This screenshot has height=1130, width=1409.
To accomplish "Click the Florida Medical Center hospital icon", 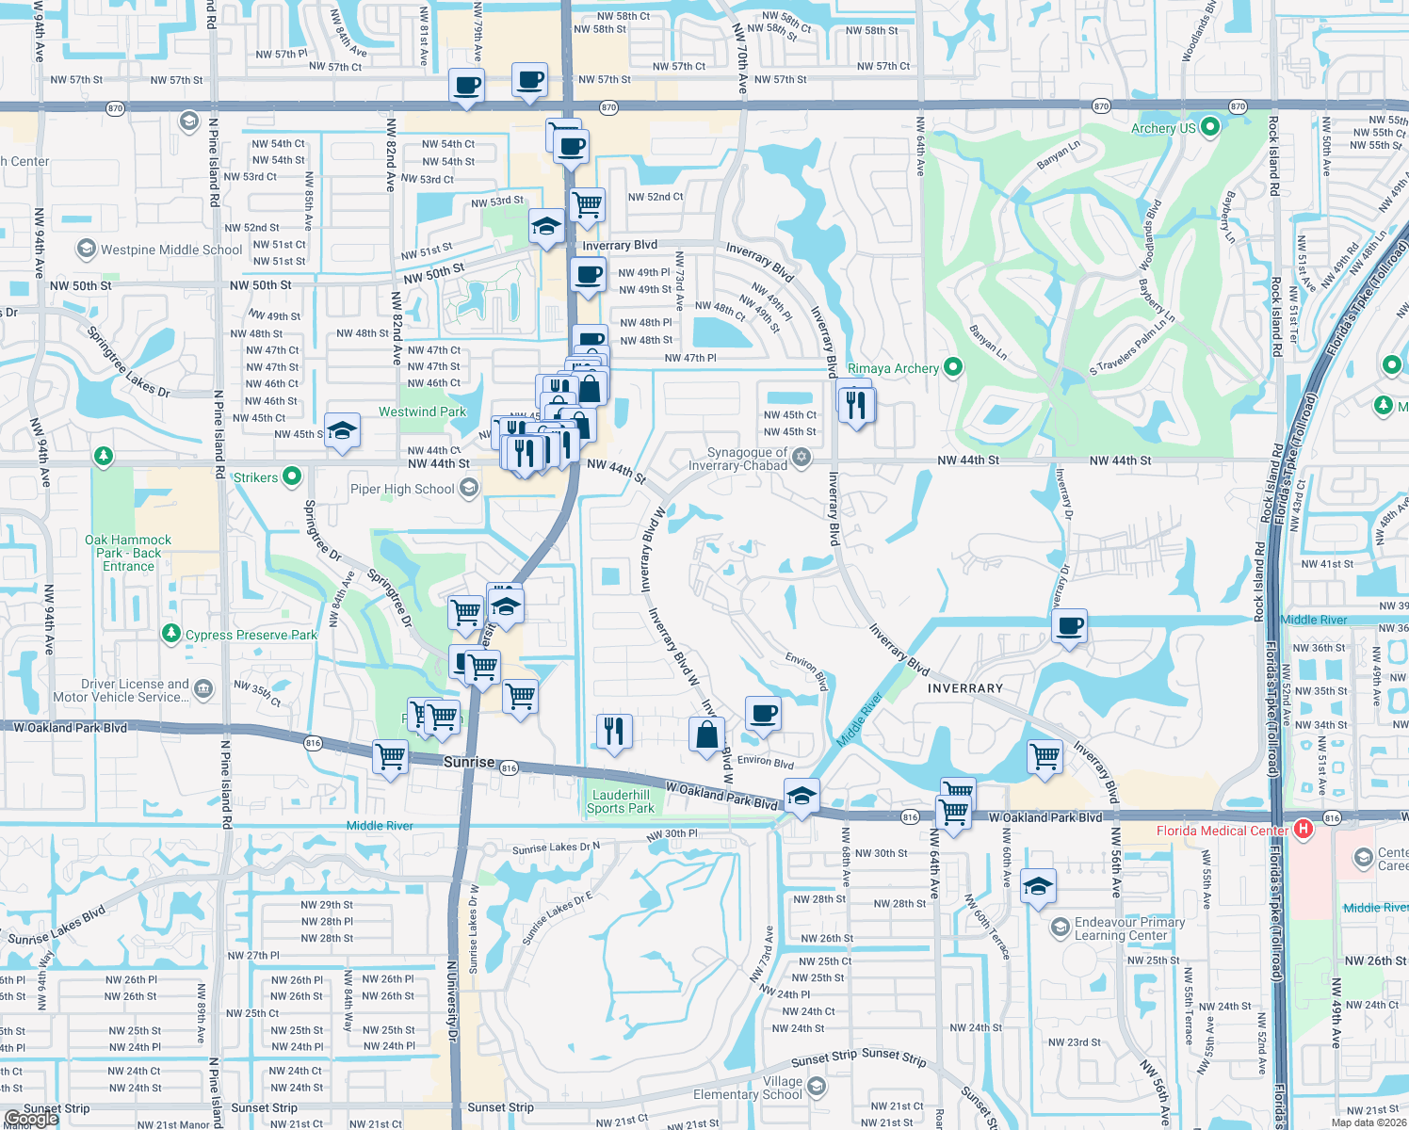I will [1304, 830].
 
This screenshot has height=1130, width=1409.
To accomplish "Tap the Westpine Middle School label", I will [171, 250].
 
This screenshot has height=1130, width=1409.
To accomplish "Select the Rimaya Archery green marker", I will [953, 367].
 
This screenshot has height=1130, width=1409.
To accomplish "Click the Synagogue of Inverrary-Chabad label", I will [738, 459].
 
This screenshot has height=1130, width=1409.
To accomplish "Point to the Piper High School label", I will [402, 489].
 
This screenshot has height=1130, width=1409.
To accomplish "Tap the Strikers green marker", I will [292, 476].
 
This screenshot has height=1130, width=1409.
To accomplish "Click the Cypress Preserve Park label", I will [251, 635].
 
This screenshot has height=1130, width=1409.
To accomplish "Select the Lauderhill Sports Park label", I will [621, 801].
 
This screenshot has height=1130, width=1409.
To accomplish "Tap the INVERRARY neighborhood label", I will [965, 688].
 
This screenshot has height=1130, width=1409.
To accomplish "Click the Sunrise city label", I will [469, 762].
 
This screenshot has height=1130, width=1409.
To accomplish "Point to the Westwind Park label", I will [422, 412].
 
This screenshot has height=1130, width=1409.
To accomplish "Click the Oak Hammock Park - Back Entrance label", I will [128, 553].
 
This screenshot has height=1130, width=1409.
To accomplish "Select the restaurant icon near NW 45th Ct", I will [855, 405].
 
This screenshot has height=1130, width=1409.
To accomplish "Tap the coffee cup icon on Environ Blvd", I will [764, 714].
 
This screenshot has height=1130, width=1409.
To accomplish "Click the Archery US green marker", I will [1211, 126].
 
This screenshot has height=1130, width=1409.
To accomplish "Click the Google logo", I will [31, 1118].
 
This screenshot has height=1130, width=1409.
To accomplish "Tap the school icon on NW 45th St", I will [342, 430].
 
